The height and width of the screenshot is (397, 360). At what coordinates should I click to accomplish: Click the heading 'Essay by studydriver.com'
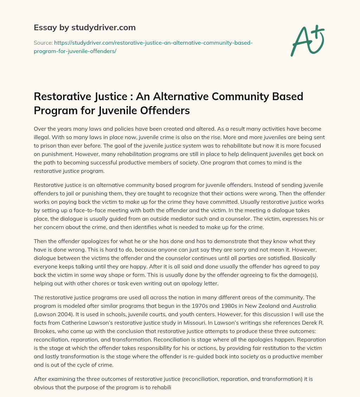(85, 27)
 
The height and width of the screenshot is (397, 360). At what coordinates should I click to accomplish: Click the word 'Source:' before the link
(43, 43)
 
